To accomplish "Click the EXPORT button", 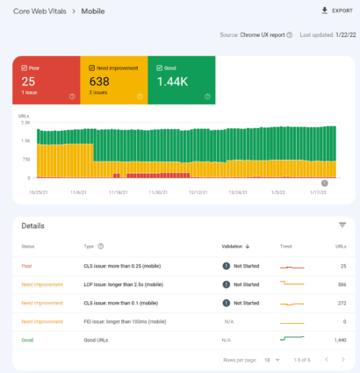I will click(332, 11).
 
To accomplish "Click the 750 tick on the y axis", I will click(25, 159).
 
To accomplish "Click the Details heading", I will click(33, 226).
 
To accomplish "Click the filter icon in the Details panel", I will click(342, 226).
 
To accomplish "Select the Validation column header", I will click(237, 247).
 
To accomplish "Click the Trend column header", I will click(285, 247).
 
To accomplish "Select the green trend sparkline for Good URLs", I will click(292, 338).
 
